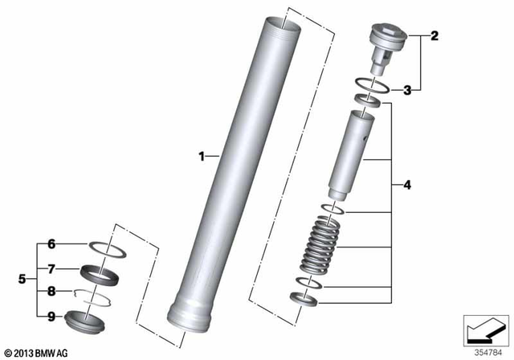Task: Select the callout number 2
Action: [434, 35]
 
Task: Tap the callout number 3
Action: [408, 90]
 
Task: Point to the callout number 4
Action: [408, 186]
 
